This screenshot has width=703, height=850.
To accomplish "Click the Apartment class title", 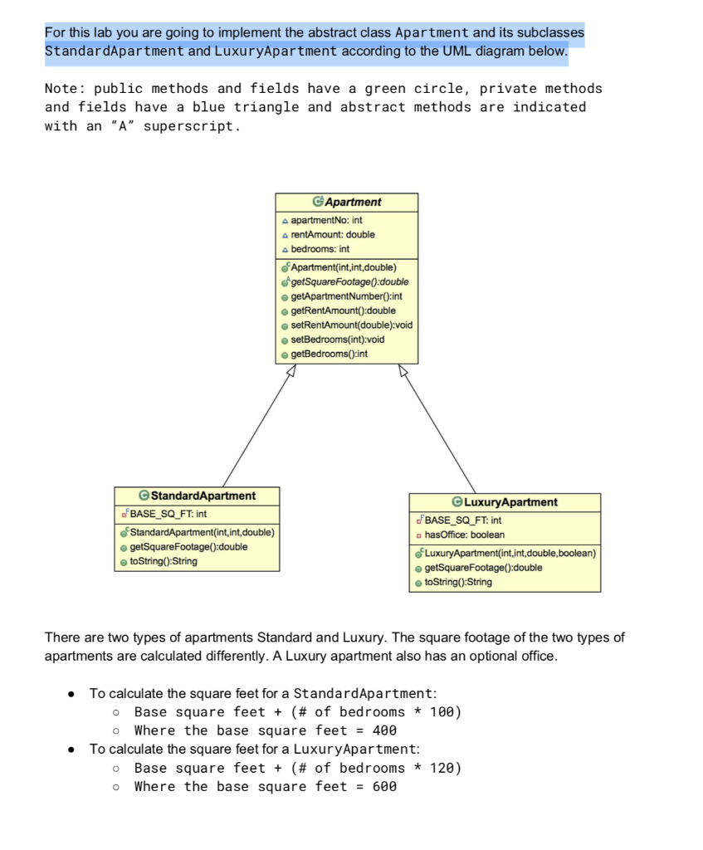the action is point(353,203).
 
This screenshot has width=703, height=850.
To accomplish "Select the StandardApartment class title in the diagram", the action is point(203,496).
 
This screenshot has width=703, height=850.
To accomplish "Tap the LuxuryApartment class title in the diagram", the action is point(510,502).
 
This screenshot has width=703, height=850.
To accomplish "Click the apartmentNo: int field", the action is point(326,220).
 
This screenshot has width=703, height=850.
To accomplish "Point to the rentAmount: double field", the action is point(333,235).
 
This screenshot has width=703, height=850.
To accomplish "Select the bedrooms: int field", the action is point(320,249).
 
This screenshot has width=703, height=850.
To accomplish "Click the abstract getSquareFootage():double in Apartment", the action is point(349,282).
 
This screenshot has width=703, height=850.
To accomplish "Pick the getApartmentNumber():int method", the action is point(346,296).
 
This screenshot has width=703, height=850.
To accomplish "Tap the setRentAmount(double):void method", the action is point(352,325).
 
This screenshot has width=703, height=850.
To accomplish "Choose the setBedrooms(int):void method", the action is point(338,340).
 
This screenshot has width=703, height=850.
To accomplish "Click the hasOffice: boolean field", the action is point(465,535).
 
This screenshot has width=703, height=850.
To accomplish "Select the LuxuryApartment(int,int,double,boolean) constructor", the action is point(510,554).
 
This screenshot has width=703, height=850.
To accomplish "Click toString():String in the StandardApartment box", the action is point(164,562).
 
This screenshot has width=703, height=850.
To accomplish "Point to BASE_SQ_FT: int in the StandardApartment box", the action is point(168,514).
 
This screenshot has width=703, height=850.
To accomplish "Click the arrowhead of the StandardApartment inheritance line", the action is point(291,370).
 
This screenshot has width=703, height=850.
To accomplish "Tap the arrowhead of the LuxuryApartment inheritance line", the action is point(403,370).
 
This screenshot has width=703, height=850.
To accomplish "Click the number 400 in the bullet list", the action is point(384,730).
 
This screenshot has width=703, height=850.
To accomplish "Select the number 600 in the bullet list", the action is point(384,787).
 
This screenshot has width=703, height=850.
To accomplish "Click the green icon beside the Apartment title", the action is point(318,202).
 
